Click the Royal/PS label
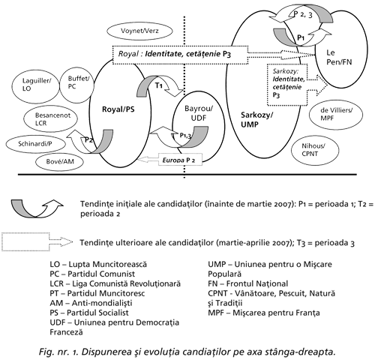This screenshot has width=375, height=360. tap(118, 109)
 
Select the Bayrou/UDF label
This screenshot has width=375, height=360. tap(199, 113)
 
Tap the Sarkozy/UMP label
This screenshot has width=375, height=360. tap(256, 119)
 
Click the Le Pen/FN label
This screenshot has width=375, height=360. tap(339, 57)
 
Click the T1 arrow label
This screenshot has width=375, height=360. tap(159, 85)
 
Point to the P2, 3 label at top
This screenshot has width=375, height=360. tap(303, 14)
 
